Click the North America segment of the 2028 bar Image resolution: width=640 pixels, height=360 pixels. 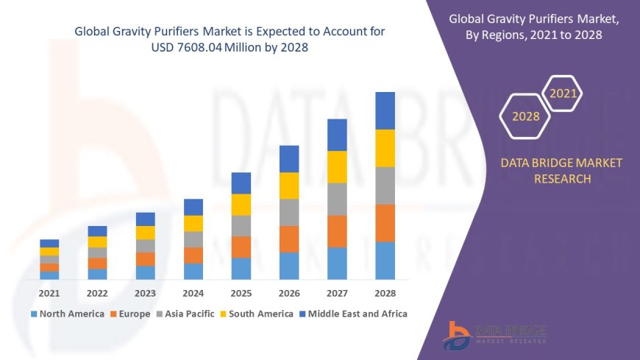click(x=385, y=261)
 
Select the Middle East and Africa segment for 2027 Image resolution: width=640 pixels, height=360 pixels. click(x=337, y=135)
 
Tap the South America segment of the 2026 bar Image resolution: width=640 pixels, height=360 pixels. click(x=289, y=186)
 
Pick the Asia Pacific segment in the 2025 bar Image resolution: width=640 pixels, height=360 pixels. click(x=241, y=225)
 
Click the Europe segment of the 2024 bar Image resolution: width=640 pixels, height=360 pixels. click(x=193, y=255)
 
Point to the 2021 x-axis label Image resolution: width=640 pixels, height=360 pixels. click(x=49, y=292)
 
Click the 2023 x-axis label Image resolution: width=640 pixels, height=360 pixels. click(x=145, y=292)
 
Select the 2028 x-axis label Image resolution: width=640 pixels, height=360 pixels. click(x=385, y=292)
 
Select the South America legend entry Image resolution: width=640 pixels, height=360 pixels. click(x=255, y=314)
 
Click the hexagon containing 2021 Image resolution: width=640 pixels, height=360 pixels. click(x=563, y=93)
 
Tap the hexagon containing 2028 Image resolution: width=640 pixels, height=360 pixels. click(x=525, y=116)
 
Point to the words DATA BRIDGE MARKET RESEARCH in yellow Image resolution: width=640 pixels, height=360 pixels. click(x=561, y=170)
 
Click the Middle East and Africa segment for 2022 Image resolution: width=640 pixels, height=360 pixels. click(x=97, y=231)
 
